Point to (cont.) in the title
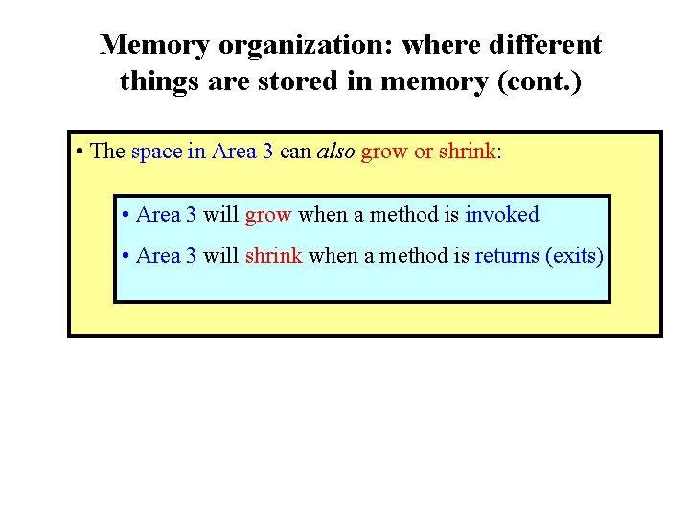pyautogui.click(x=538, y=82)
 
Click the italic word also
pyautogui.click(x=334, y=152)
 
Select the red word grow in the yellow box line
pyautogui.click(x=384, y=152)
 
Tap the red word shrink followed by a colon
pyautogui.click(x=468, y=152)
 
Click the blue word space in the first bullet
pyautogui.click(x=156, y=152)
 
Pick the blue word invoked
pyautogui.click(x=502, y=214)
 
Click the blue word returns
pyautogui.click(x=507, y=255)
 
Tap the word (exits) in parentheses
pyautogui.click(x=575, y=255)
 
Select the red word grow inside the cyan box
pyautogui.click(x=268, y=214)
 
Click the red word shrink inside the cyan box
pyautogui.click(x=274, y=255)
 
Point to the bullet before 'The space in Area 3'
pyautogui.click(x=80, y=152)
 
